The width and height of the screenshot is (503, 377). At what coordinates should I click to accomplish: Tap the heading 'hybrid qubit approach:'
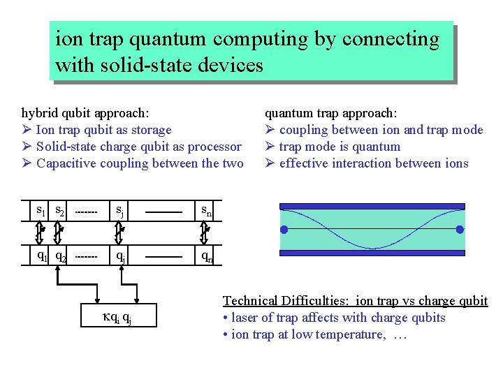point(85,113)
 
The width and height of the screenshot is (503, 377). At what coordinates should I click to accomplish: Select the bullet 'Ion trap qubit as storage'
point(103,130)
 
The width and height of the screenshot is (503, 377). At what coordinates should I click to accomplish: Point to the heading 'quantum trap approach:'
point(330,113)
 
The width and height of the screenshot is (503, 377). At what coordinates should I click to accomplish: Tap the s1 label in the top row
point(42,209)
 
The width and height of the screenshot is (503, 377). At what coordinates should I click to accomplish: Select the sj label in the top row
point(121,209)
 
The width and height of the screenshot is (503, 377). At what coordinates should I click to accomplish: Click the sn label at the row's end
point(207,209)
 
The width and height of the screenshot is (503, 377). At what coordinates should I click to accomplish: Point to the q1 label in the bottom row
point(42,255)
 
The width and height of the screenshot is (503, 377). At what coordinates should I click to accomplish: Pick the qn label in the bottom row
point(207,256)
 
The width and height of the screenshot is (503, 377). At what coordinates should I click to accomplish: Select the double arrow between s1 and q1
point(41,232)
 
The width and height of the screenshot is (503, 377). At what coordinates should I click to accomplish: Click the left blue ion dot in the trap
point(284,230)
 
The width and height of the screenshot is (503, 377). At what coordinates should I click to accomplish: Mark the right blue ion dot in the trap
point(460,230)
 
